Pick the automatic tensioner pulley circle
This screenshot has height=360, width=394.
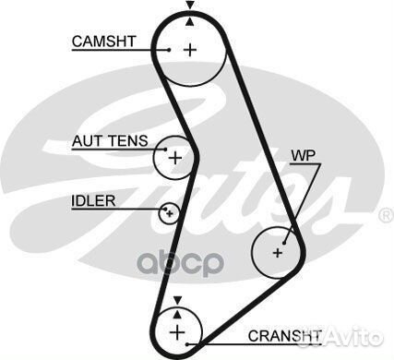173,157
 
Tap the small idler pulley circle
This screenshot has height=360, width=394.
168,214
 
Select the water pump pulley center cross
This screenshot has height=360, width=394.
278,250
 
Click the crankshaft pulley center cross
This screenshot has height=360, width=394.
176,330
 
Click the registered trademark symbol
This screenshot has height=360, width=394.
386,216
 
